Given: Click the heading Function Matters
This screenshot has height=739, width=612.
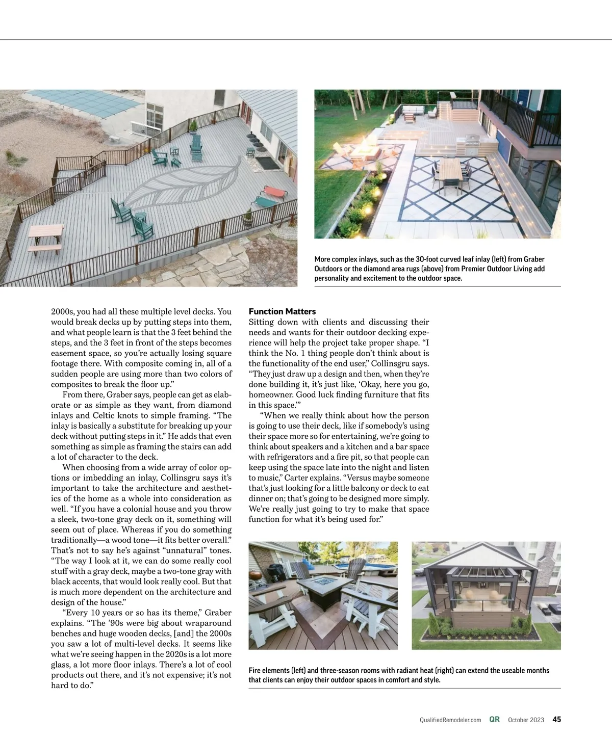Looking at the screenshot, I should coord(282,311).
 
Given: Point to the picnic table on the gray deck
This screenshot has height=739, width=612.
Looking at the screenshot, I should coord(45,237).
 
